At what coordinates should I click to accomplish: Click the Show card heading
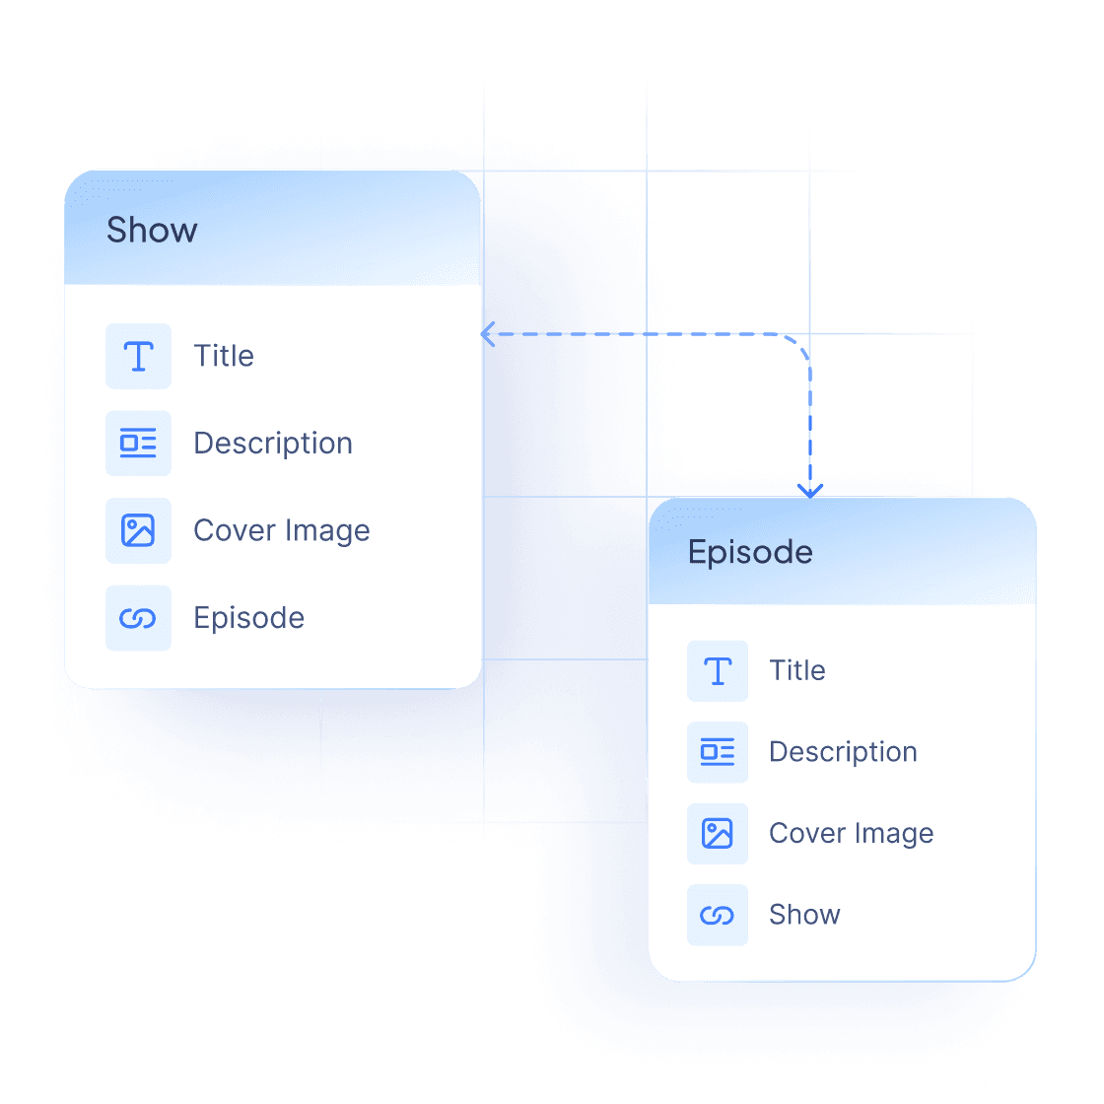pyautogui.click(x=152, y=230)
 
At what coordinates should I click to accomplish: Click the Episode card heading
pyautogui.click(x=750, y=552)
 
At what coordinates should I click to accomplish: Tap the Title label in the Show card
pyautogui.click(x=224, y=356)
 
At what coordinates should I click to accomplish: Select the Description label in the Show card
pyautogui.click(x=273, y=444)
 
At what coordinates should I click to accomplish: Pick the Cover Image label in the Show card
pyautogui.click(x=282, y=530)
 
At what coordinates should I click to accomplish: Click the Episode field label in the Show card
pyautogui.click(x=249, y=618)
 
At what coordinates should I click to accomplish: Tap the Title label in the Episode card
pyautogui.click(x=796, y=670)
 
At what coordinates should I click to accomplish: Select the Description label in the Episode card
pyautogui.click(x=843, y=752)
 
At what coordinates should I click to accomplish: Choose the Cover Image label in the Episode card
pyautogui.click(x=851, y=834)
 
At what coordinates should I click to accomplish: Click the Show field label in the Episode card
pyautogui.click(x=804, y=915)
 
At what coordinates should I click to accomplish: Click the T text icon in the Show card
pyautogui.click(x=138, y=356)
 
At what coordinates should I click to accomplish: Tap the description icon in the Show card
pyautogui.click(x=138, y=444)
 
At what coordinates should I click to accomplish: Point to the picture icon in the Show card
pyautogui.click(x=138, y=530)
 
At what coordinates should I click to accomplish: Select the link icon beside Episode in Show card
pyautogui.click(x=138, y=618)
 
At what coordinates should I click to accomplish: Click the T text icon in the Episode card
pyautogui.click(x=718, y=670)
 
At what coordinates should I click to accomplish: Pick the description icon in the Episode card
pyautogui.click(x=718, y=752)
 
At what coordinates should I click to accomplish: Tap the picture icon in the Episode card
pyautogui.click(x=718, y=834)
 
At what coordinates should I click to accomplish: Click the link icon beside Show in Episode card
pyautogui.click(x=718, y=915)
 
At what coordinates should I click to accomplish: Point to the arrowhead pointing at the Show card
pyautogui.click(x=488, y=334)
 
